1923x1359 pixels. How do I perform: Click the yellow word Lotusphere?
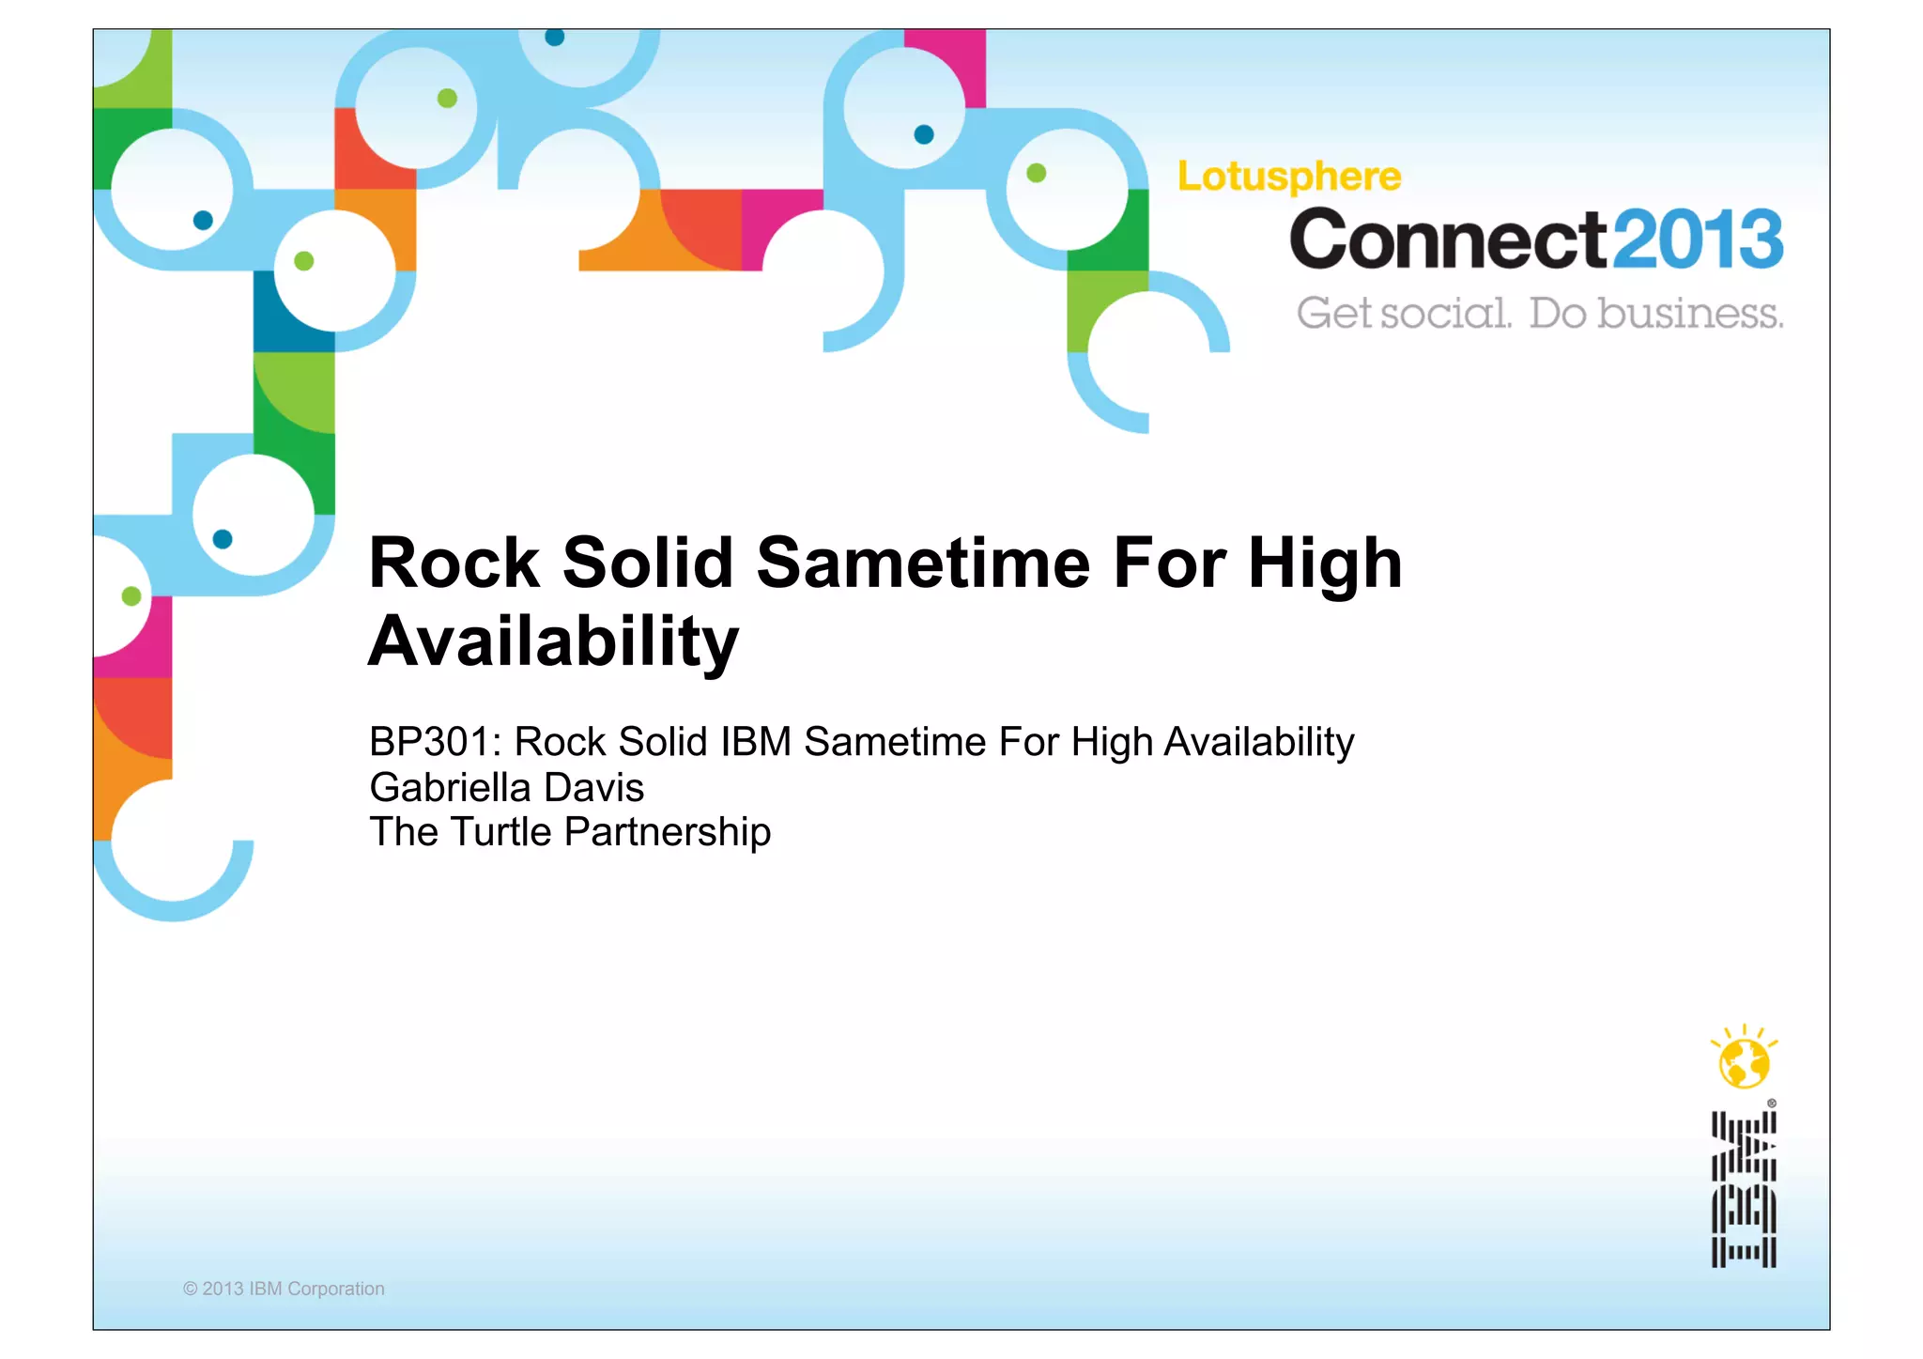(x=1289, y=177)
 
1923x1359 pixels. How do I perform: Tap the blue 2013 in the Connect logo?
(x=1699, y=239)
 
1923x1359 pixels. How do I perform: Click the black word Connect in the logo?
(x=1449, y=239)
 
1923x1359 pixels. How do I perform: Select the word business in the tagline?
(x=1689, y=313)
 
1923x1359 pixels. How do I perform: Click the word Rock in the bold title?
(x=454, y=564)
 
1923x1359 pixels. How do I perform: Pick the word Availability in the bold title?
(x=554, y=642)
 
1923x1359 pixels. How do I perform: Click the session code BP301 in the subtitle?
(x=428, y=742)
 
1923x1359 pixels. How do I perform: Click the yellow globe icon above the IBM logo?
(x=1744, y=1062)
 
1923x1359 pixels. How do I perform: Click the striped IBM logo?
(x=1744, y=1189)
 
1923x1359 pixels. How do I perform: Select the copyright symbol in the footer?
(x=190, y=1290)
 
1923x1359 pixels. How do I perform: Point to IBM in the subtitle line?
(x=756, y=742)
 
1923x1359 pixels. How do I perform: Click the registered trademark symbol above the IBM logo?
(x=1772, y=1104)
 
